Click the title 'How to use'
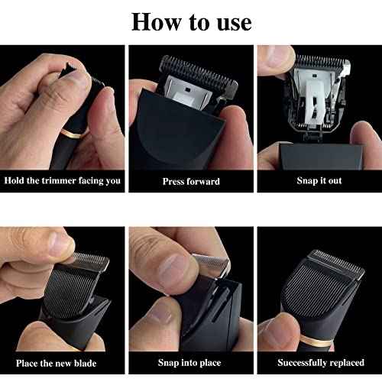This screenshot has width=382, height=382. click(x=191, y=21)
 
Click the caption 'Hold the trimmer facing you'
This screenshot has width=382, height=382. click(x=62, y=181)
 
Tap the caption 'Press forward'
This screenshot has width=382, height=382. click(x=191, y=181)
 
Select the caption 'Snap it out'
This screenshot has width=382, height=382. click(x=319, y=181)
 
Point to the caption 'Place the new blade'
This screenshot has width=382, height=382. click(x=62, y=363)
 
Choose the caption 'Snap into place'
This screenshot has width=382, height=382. click(x=191, y=363)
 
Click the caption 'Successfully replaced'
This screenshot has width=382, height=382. click(x=319, y=363)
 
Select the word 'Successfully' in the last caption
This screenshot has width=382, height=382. click(x=303, y=363)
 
